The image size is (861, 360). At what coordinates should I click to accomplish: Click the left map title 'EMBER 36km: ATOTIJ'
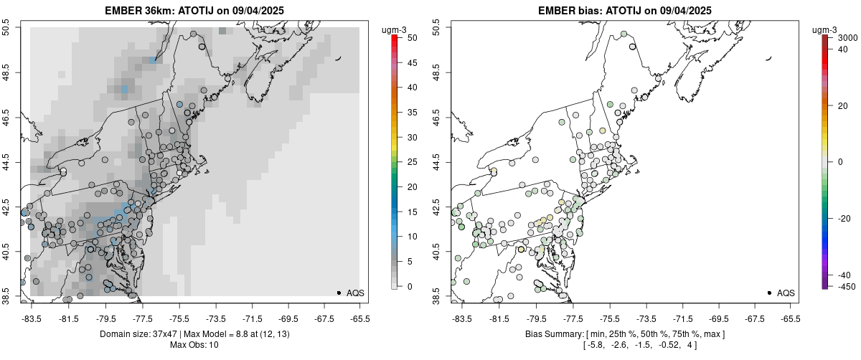pos(156,10)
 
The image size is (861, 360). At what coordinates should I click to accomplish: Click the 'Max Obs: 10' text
pos(194,345)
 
